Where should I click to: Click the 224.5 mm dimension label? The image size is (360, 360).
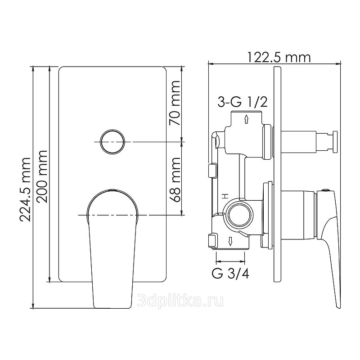[x=25, y=189]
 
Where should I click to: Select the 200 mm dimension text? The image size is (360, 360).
[x=42, y=176]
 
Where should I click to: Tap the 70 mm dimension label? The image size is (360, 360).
[x=175, y=103]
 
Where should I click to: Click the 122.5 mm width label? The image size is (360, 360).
[x=279, y=57]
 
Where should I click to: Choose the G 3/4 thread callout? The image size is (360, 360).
[x=230, y=274]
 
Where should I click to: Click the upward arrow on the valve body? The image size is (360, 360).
[x=246, y=119]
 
